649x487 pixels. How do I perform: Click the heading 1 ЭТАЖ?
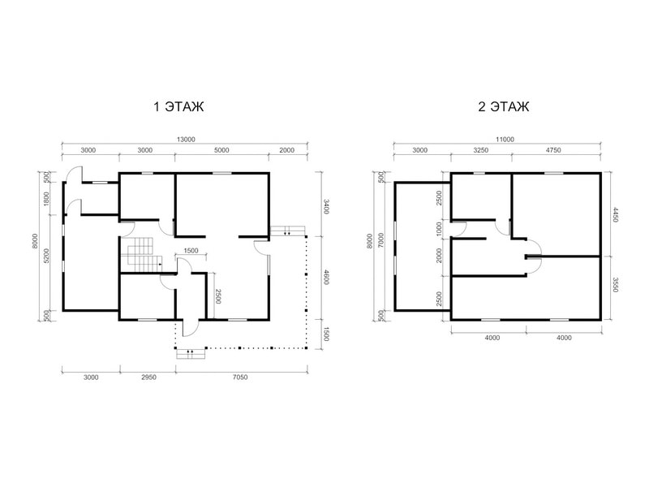tap(178, 106)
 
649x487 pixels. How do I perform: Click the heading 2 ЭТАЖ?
tap(503, 106)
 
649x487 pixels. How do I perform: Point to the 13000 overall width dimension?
tap(186, 140)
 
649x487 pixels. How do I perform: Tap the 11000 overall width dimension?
tap(505, 140)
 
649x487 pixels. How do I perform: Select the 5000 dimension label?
tap(221, 150)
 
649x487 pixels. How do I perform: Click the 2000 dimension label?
tap(287, 150)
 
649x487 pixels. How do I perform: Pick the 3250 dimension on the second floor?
tap(481, 150)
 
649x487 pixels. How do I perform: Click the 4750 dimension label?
tap(553, 150)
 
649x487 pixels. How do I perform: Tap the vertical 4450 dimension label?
tap(615, 214)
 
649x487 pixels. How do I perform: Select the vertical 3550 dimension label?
tap(615, 284)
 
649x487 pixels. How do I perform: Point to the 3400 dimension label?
tap(326, 206)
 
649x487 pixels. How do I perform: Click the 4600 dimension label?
tap(326, 277)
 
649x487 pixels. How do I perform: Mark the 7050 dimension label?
tap(240, 377)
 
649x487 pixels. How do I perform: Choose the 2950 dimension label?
tap(148, 377)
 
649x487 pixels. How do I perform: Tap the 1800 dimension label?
tap(46, 199)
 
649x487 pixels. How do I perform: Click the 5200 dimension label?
tap(46, 256)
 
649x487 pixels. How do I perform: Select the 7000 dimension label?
tap(380, 240)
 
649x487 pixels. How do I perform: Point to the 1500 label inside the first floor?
tap(191, 251)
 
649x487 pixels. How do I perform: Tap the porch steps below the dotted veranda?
tap(191, 354)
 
